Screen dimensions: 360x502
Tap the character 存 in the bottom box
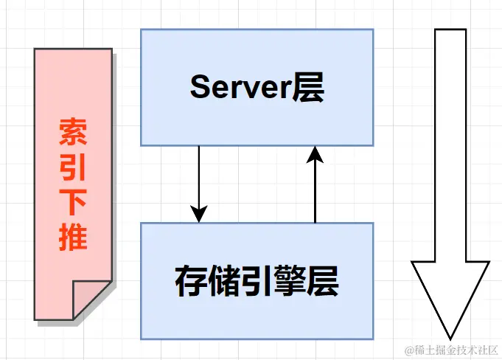coord(191,281)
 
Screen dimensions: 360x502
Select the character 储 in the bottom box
coord(223,281)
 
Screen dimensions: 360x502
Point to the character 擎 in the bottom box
coord(290,281)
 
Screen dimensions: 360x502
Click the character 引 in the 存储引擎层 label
coord(257,281)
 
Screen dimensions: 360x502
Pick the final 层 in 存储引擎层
coord(322,281)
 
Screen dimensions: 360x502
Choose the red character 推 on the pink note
coord(73,238)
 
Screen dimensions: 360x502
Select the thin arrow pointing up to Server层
coord(316,188)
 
